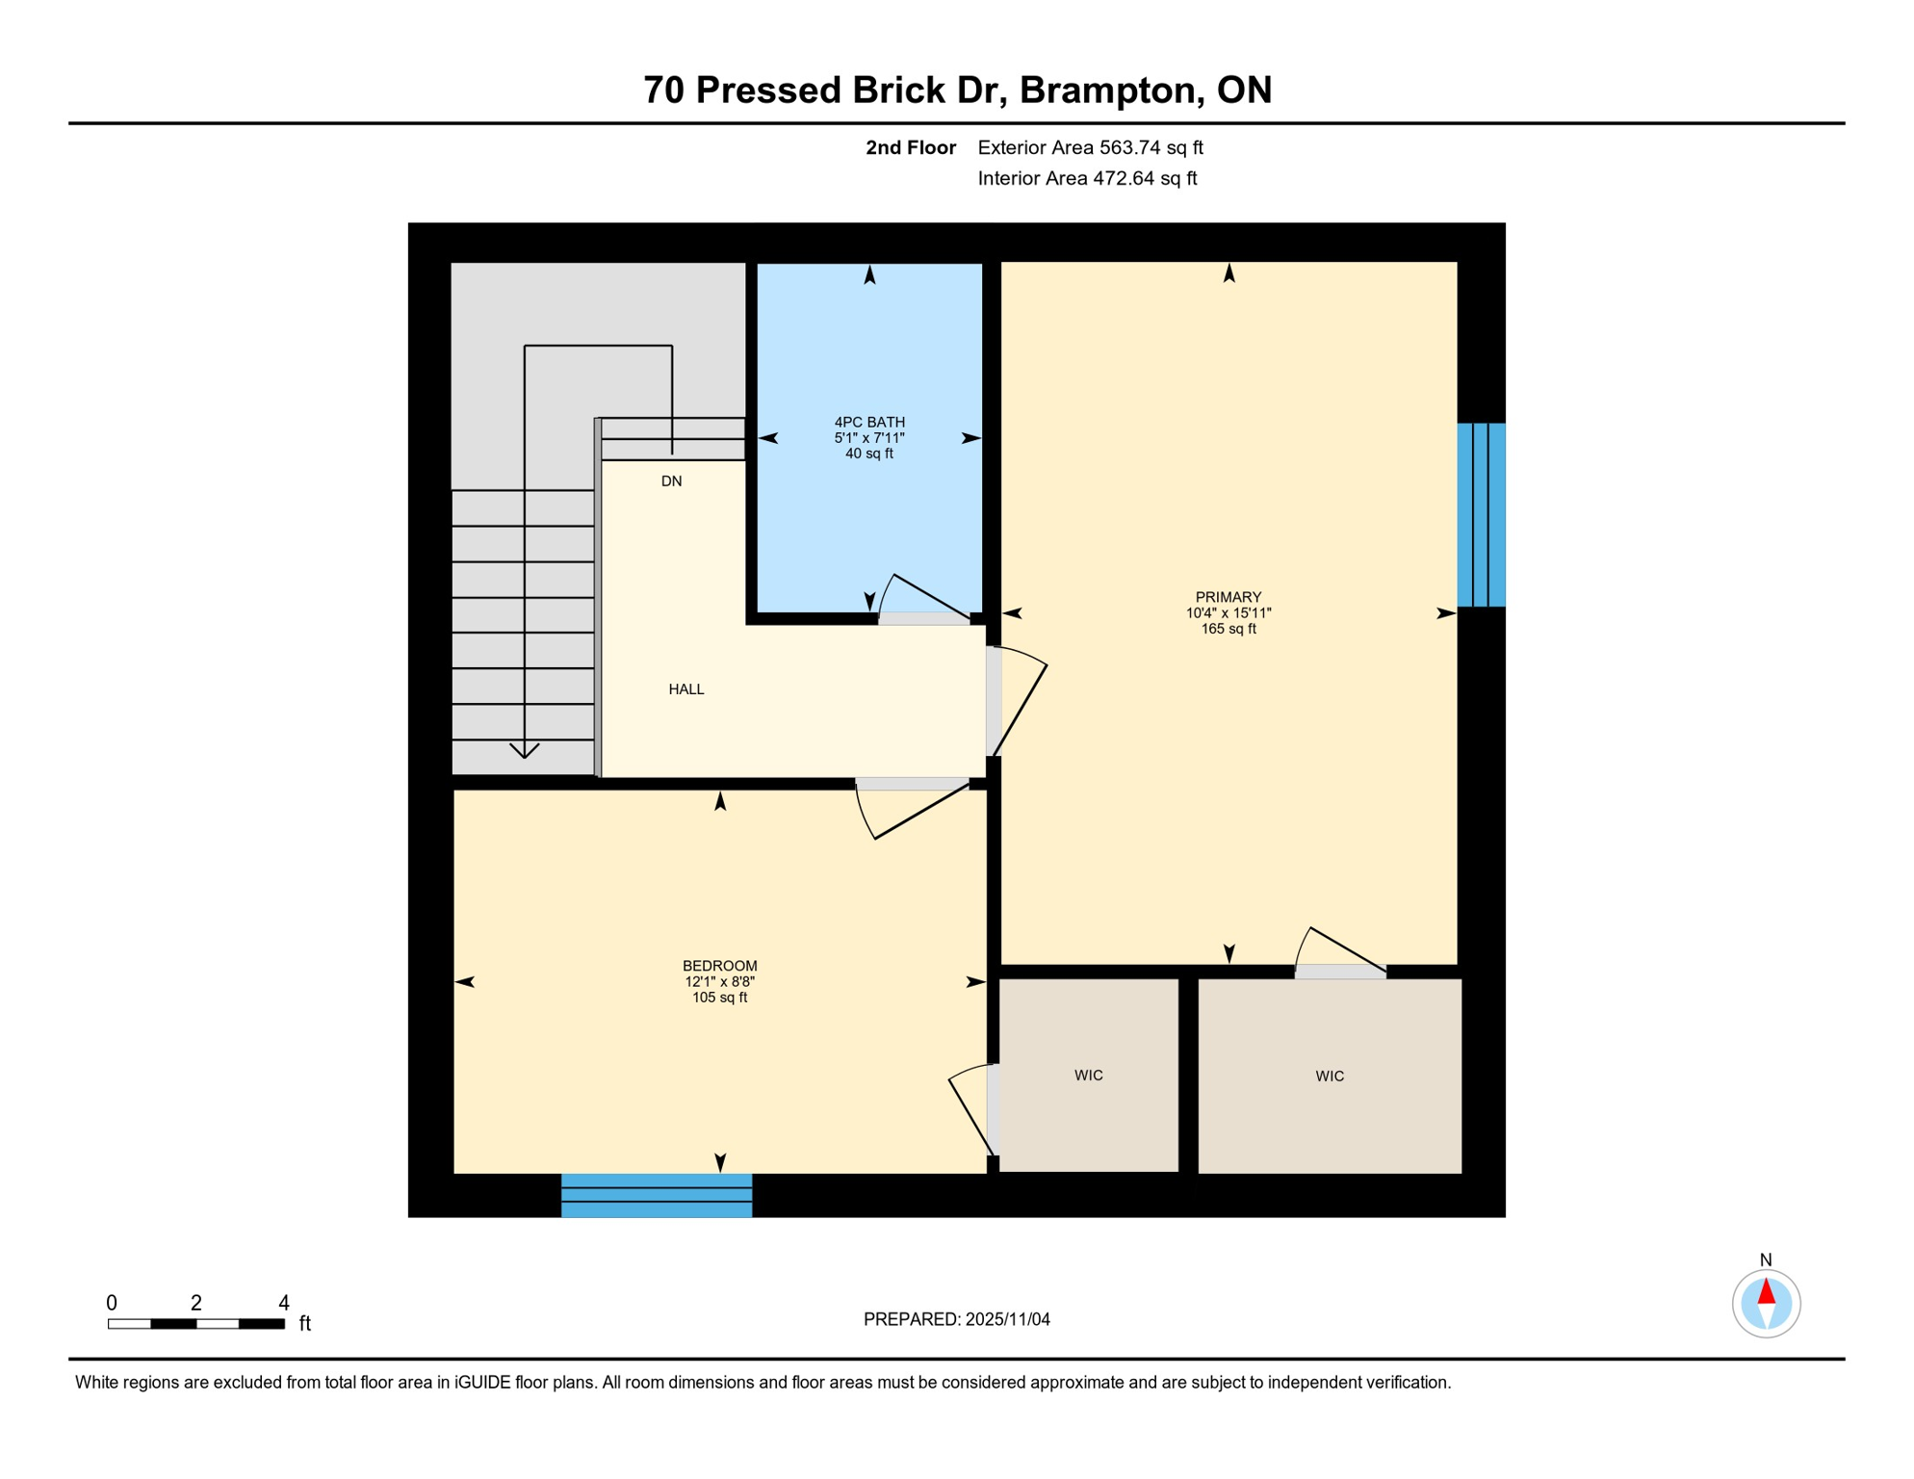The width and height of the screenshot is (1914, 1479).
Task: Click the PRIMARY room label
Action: pos(1228,597)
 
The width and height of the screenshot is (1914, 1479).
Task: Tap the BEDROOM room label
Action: pos(719,966)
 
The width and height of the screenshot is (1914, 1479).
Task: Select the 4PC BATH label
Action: pos(868,422)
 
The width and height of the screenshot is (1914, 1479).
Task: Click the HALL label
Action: pos(685,689)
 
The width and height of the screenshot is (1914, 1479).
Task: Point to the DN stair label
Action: pos(671,481)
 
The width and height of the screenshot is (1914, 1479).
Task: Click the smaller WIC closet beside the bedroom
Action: pos(1088,1076)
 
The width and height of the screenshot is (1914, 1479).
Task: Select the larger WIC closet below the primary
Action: pos(1329,1077)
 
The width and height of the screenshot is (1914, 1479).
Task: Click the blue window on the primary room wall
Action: pos(1481,515)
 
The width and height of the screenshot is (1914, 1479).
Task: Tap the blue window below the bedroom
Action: pos(657,1195)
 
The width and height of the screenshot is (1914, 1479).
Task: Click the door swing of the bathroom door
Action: pos(919,597)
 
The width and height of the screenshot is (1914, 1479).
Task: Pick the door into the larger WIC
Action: pos(1340,953)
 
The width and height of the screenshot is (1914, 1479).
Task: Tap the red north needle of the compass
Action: pos(1766,1291)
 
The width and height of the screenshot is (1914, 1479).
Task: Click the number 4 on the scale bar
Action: pos(284,1303)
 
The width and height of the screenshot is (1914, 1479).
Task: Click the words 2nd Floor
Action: pos(910,147)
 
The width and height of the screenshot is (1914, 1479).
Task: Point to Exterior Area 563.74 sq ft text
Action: pos(1090,147)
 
